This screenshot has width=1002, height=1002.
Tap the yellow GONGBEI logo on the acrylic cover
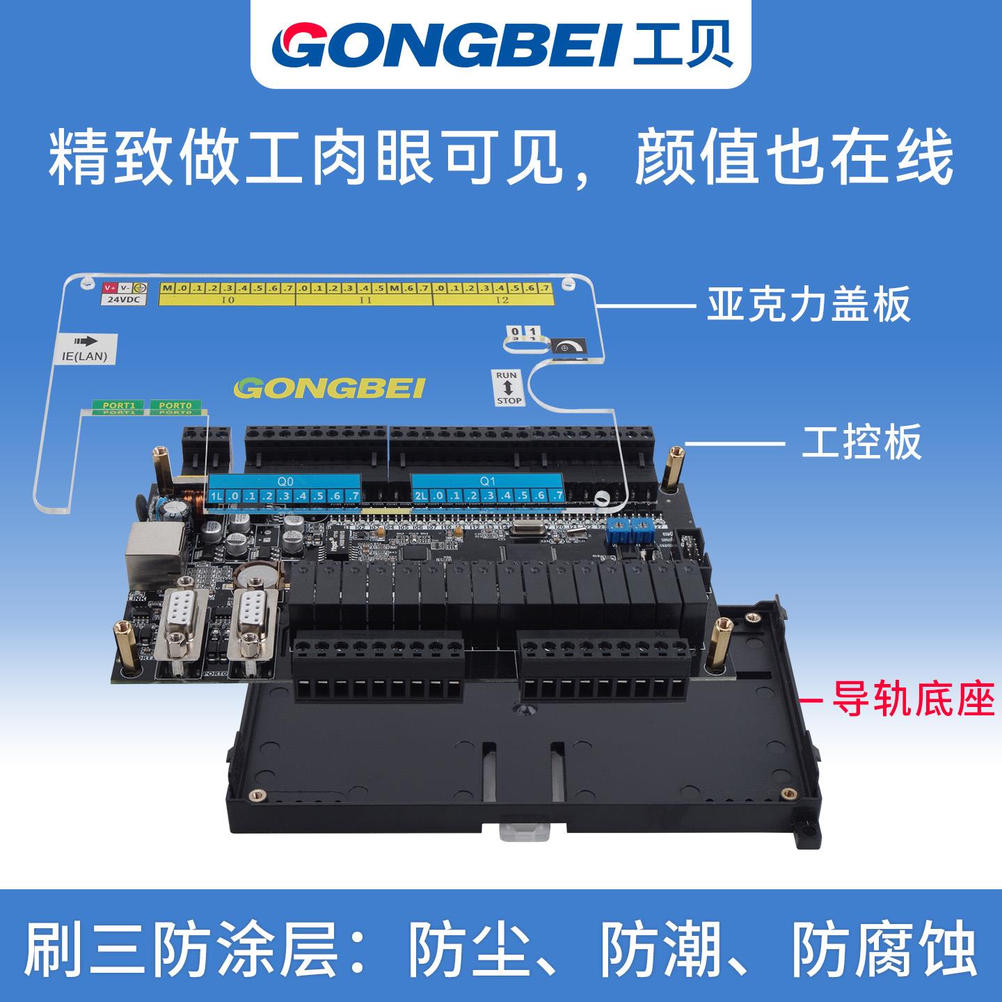[330, 388]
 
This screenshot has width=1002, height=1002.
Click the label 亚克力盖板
[809, 305]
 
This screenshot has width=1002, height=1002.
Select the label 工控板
[861, 443]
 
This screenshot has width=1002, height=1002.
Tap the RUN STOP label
[508, 388]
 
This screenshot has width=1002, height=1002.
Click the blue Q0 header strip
[285, 480]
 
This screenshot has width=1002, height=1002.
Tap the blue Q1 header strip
[487, 480]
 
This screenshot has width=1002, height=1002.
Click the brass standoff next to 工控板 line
[672, 467]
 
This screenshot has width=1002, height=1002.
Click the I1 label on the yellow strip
[365, 301]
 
